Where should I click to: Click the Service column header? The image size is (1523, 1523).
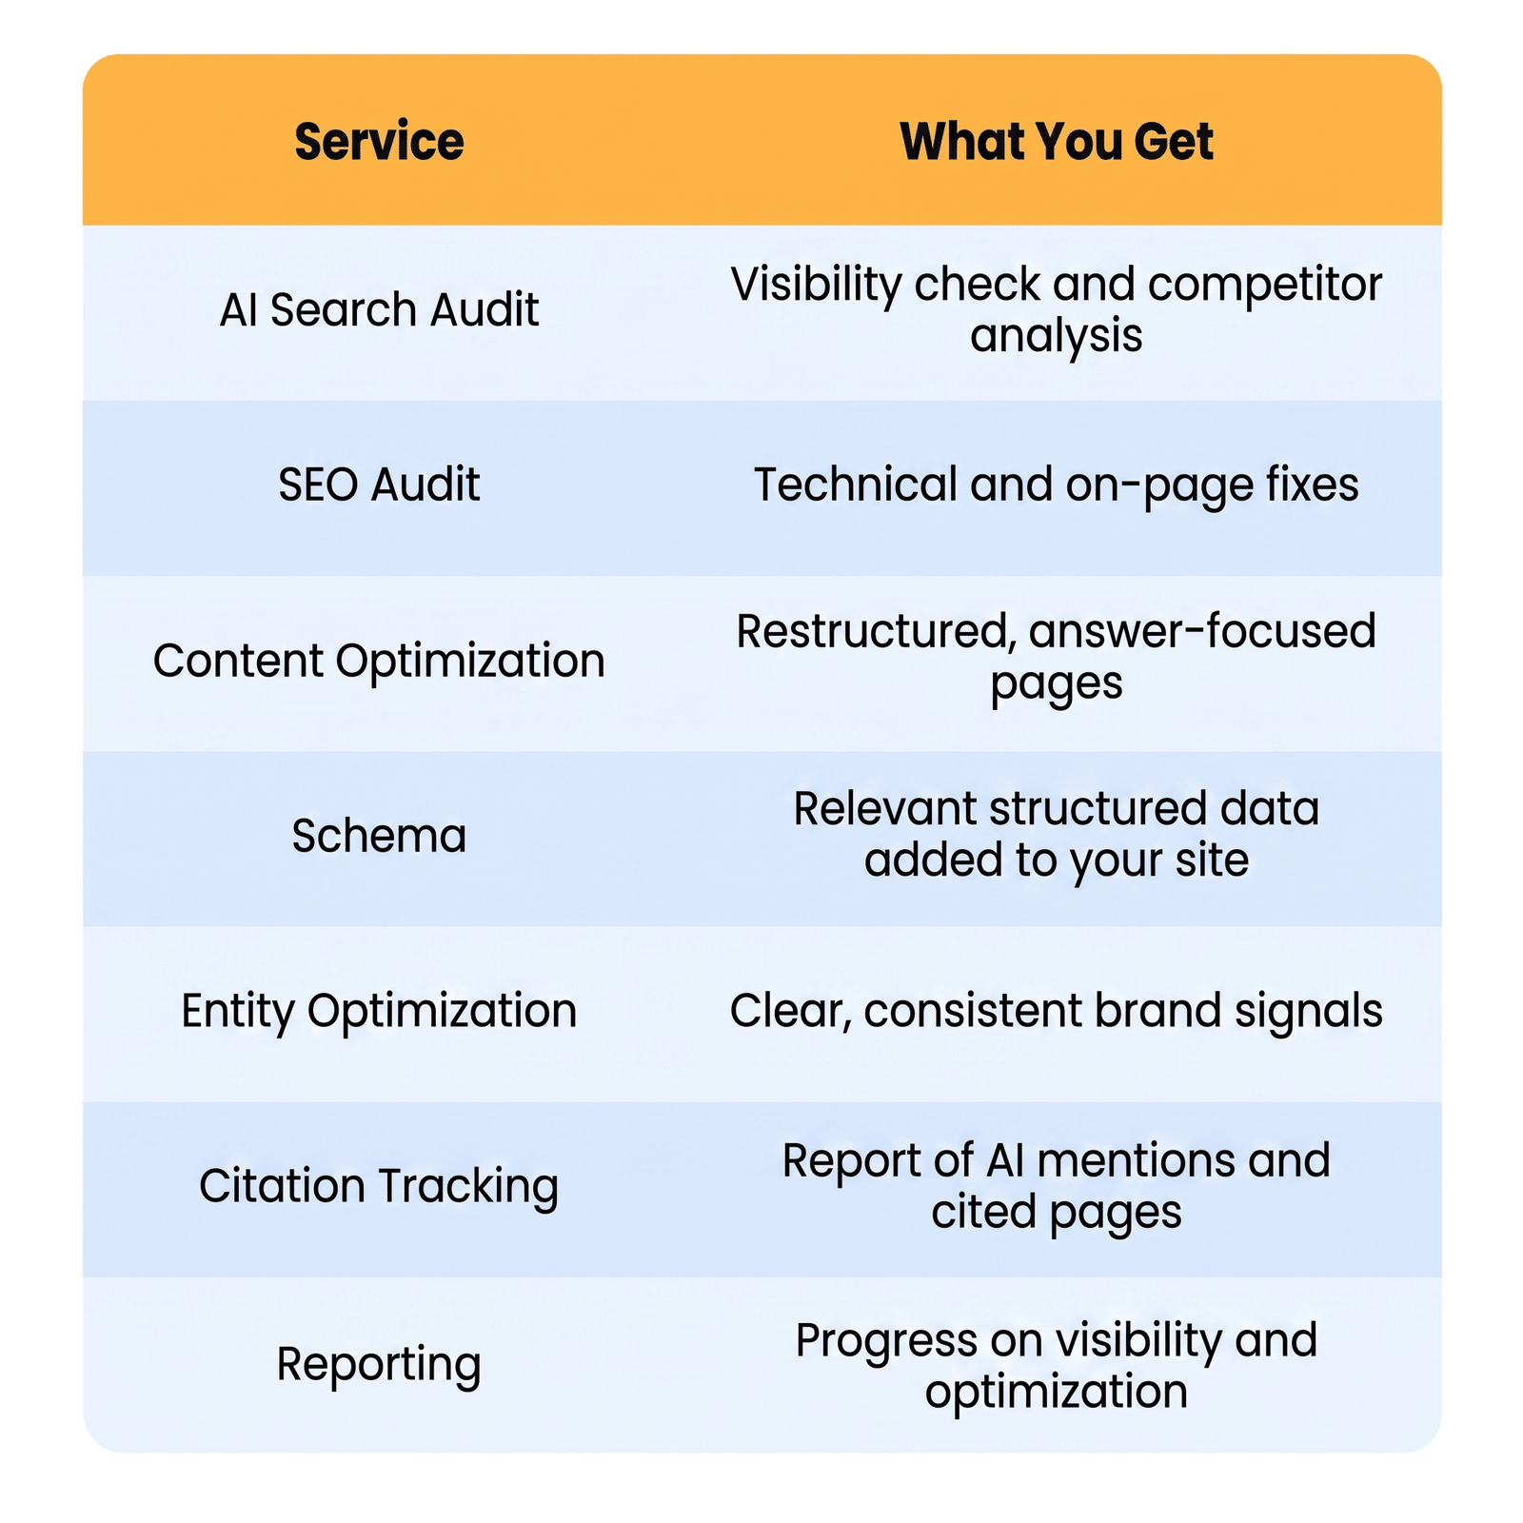point(379,142)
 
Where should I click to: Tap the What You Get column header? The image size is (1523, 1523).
point(1057,142)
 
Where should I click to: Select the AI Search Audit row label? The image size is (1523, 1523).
point(379,310)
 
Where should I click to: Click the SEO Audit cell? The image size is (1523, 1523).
point(379,485)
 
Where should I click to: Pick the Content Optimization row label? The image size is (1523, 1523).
point(379,662)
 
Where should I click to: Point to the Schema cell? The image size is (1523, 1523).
point(379,836)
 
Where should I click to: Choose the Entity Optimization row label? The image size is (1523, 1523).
point(379,1012)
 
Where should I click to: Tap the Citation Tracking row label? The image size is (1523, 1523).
point(379,1187)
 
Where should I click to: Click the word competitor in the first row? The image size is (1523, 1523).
point(1265,285)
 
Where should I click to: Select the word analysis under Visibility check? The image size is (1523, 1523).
point(1057,337)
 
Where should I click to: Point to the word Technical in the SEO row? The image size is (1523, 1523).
point(855,485)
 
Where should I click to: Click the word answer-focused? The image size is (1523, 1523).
point(1202,631)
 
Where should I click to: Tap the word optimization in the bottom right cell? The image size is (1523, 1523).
point(1057,1393)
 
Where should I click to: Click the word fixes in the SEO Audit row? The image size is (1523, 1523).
point(1312,485)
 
